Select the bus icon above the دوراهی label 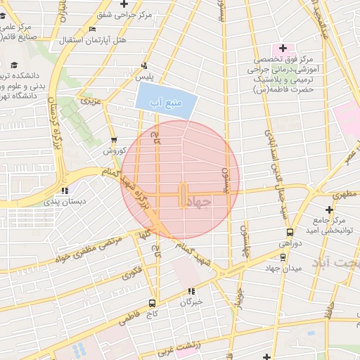pyautogui.click(x=290, y=232)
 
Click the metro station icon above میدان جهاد pyautogui.click(x=283, y=257)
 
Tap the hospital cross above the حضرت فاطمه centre pyautogui.click(x=283, y=49)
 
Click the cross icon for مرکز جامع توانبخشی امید pyautogui.click(x=329, y=210)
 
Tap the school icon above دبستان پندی pyautogui.click(x=65, y=190)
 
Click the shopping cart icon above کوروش pyautogui.click(x=114, y=140)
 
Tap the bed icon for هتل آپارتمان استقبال pyautogui.click(x=93, y=29)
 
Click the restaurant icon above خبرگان pyautogui.click(x=191, y=290)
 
